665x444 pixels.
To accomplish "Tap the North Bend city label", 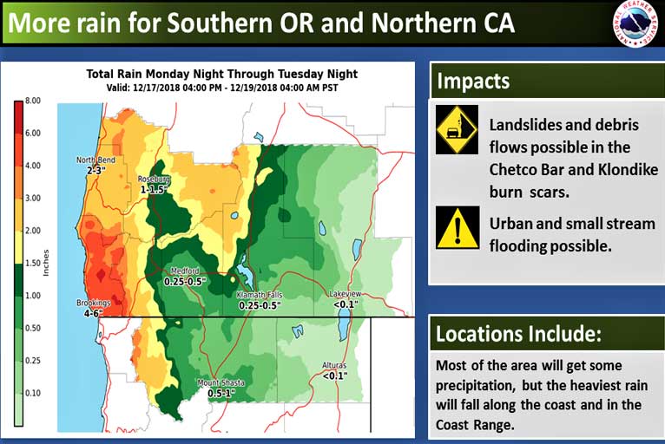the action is click(x=95, y=160).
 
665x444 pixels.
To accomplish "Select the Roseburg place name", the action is click(x=154, y=180).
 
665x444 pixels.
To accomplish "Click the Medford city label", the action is click(x=185, y=271).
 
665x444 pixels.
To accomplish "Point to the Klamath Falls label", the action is click(x=259, y=295).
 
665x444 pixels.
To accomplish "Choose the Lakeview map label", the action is click(x=346, y=294).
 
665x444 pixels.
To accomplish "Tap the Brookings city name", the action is click(x=93, y=303).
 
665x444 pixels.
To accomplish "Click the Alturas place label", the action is click(x=334, y=365).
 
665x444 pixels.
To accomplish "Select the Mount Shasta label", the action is click(x=221, y=383).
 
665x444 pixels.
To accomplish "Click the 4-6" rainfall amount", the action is click(x=94, y=314).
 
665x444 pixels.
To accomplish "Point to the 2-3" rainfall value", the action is click(x=95, y=170).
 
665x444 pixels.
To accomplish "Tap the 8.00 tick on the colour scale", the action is click(x=33, y=101).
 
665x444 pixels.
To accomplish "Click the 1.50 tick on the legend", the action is click(x=33, y=263).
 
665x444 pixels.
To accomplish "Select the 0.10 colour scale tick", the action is click(x=33, y=393).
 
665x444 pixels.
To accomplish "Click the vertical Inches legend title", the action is click(x=46, y=263).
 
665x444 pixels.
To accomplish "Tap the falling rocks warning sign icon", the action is click(x=457, y=129).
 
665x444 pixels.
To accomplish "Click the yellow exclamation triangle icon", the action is click(x=458, y=227).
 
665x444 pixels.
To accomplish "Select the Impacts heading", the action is click(x=473, y=81).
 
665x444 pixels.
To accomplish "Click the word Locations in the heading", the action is click(x=477, y=334).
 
